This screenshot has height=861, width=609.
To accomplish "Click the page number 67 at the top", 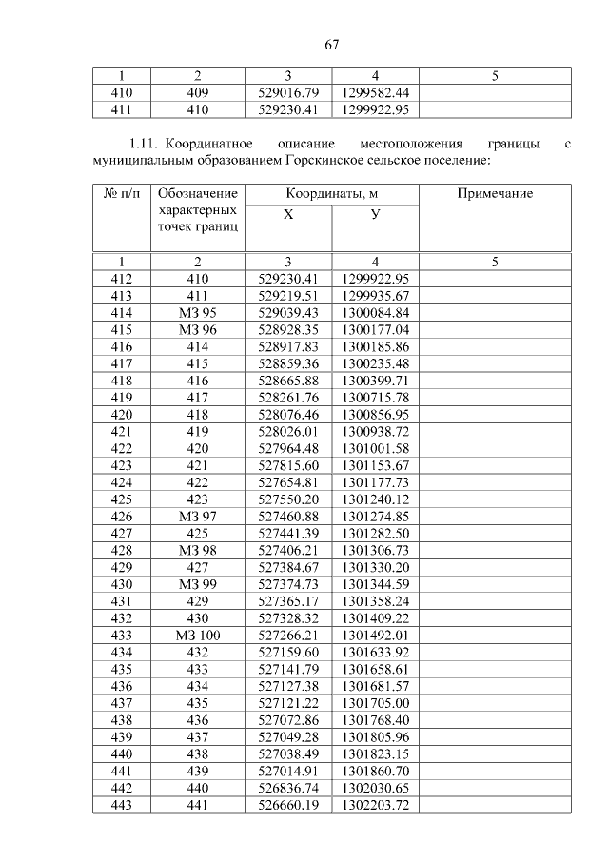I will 331,44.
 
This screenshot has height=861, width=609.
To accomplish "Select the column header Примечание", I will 495,194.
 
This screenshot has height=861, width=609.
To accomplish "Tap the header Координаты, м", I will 331,194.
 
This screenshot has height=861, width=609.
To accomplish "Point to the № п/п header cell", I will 121,194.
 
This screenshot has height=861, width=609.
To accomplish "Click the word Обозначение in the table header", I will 197,194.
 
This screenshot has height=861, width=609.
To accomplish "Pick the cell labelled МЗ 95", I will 197,313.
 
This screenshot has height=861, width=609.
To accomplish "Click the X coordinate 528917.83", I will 287,346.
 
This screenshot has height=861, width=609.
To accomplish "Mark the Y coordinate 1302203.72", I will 375,805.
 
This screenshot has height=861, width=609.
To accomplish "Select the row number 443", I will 121,805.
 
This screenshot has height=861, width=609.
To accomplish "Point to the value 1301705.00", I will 375,703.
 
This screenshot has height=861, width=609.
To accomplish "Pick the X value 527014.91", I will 287,771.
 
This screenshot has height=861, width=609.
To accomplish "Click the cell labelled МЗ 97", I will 197,517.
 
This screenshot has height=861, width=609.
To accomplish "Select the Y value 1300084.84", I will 375,313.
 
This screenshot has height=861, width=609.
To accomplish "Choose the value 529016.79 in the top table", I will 287,92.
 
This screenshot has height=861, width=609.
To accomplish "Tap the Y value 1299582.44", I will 375,92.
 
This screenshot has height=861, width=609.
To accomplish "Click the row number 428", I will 121,551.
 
